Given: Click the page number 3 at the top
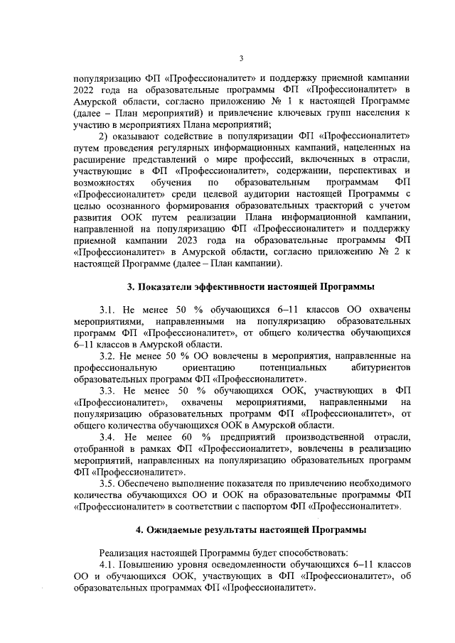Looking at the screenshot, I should point(241,58).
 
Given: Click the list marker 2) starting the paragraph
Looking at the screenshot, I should point(104,135).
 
